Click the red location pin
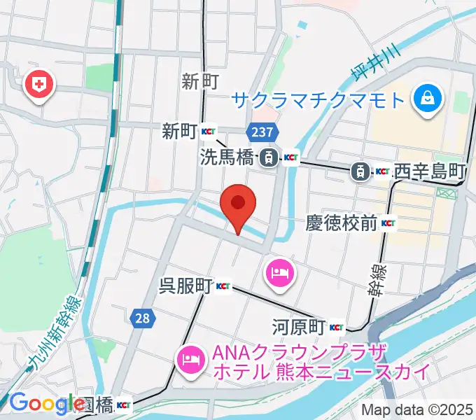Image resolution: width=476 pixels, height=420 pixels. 237,205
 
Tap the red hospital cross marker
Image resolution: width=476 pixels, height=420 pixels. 39,85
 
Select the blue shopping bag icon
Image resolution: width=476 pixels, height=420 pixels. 426,99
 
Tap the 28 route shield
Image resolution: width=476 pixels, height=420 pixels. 142,318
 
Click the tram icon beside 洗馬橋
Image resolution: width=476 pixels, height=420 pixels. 267,158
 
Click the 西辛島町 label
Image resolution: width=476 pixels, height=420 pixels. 429,170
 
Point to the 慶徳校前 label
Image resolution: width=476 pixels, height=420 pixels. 341,224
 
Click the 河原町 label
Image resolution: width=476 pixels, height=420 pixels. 299,327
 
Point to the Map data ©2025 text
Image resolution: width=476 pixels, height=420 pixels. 417,410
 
